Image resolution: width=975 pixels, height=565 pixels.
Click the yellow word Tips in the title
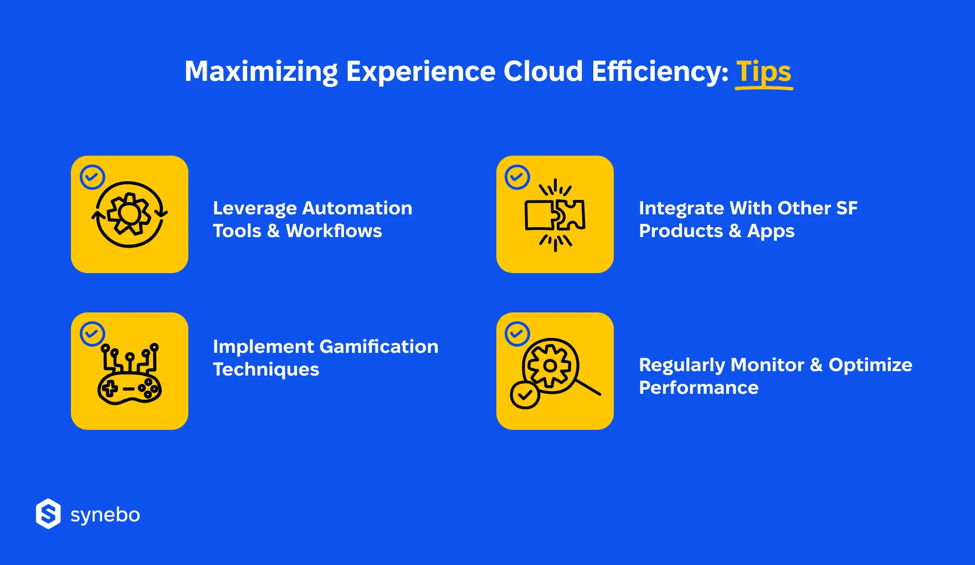[x=763, y=73]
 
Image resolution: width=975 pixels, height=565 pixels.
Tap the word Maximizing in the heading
[x=261, y=73]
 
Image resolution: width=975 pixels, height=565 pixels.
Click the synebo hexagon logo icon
[x=48, y=514]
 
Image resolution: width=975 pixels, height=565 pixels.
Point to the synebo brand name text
[x=105, y=515]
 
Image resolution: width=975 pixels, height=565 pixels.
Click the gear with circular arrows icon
[x=130, y=214]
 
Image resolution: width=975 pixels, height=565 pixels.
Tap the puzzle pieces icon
[x=555, y=215]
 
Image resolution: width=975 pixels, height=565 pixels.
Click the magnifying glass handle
[x=588, y=387]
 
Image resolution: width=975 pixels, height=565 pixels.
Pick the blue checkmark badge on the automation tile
[x=93, y=177]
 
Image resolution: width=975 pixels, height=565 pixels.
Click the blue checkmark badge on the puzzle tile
[x=517, y=177]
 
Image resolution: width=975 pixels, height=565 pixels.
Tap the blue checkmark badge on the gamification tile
[x=93, y=334]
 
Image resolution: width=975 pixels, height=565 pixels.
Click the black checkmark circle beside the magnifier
[x=525, y=395]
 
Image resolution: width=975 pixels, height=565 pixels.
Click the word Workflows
[x=333, y=231]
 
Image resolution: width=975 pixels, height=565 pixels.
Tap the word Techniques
[x=266, y=369]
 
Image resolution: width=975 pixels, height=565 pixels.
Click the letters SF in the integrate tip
[x=846, y=208]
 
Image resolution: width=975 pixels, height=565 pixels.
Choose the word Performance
[x=699, y=388]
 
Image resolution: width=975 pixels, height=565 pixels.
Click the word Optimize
[x=870, y=365]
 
